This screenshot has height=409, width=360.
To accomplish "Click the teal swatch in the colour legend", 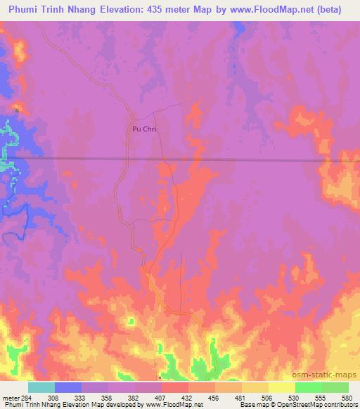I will click(41, 387).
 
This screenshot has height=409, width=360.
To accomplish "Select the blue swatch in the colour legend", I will click(68, 387).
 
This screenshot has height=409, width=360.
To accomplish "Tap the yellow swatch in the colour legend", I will click(281, 387).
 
